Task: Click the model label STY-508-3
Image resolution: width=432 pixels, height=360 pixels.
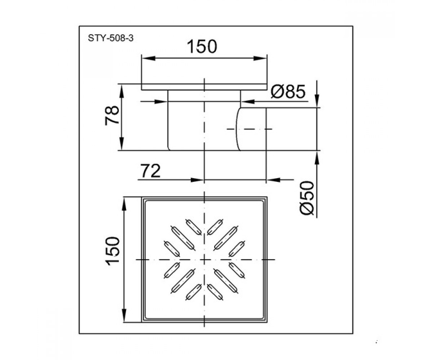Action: pyautogui.click(x=111, y=38)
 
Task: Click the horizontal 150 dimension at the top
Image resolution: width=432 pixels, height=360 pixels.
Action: pyautogui.click(x=202, y=46)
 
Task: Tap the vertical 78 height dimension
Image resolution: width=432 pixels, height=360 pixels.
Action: pyautogui.click(x=112, y=115)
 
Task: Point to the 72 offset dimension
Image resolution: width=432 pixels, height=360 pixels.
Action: pyautogui.click(x=150, y=171)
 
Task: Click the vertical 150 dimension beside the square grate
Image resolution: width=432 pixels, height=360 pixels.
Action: pyautogui.click(x=113, y=251)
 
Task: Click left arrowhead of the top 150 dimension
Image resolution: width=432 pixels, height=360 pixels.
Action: pyautogui.click(x=149, y=58)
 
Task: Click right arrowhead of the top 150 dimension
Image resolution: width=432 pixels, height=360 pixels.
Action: pyautogui.click(x=260, y=58)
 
